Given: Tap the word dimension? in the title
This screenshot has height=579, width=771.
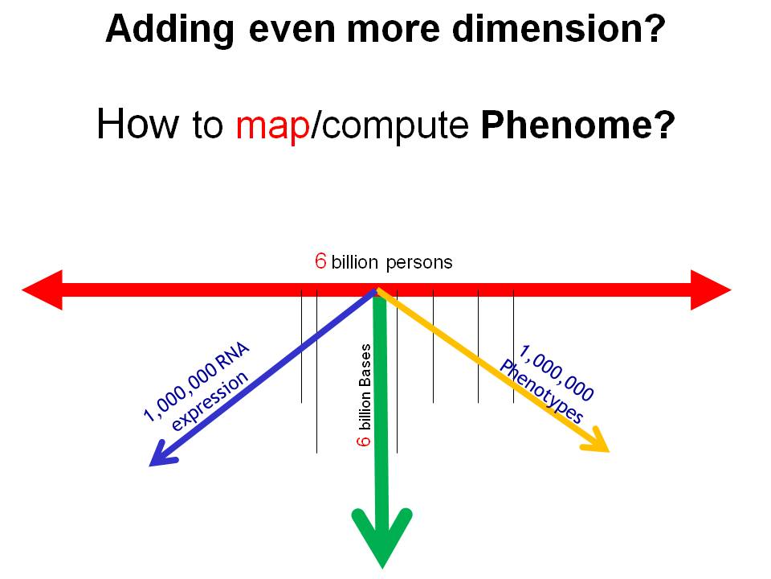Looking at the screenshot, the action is pyautogui.click(x=559, y=29).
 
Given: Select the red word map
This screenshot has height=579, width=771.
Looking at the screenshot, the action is pyautogui.click(x=273, y=126).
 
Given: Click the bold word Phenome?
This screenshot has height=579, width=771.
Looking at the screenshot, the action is pyautogui.click(x=577, y=125).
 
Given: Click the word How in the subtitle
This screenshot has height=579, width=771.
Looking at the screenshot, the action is pyautogui.click(x=137, y=124).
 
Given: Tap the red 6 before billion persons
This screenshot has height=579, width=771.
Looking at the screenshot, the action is pyautogui.click(x=320, y=261).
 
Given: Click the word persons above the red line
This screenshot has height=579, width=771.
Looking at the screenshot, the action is pyautogui.click(x=419, y=262).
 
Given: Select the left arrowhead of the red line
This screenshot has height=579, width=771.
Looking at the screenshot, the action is pyautogui.click(x=43, y=290).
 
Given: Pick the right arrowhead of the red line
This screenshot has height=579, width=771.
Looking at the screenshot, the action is pyautogui.click(x=711, y=290).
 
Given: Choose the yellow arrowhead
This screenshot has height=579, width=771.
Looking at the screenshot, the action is pyautogui.click(x=597, y=441).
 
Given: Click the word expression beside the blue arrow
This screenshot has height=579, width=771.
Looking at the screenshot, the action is pyautogui.click(x=210, y=400).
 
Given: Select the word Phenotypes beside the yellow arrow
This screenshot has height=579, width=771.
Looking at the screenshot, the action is pyautogui.click(x=541, y=392).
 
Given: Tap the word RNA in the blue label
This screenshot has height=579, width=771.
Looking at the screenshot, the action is pyautogui.click(x=233, y=355).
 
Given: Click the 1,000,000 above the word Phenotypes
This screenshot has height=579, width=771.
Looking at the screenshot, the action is pyautogui.click(x=557, y=372).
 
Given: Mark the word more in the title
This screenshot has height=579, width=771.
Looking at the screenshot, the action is pyautogui.click(x=394, y=30).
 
